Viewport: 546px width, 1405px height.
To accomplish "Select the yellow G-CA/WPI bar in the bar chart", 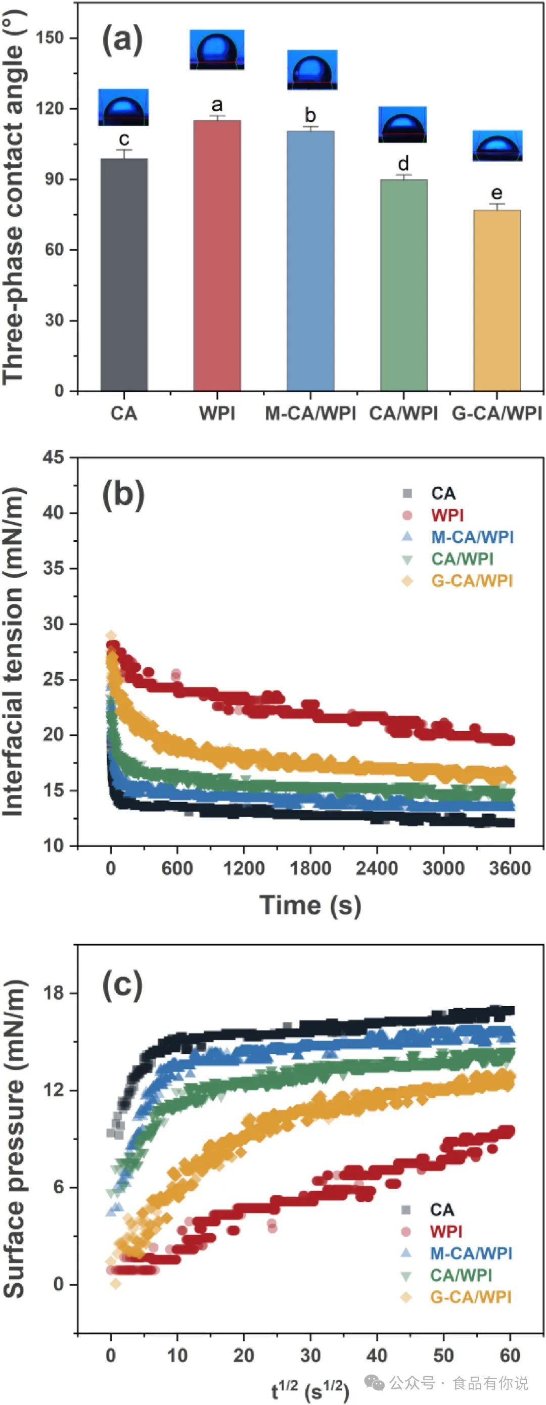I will pyautogui.click(x=496, y=300).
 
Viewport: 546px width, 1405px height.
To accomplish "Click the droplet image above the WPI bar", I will pyautogui.click(x=217, y=50).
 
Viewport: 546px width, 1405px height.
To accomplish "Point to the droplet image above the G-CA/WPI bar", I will pyautogui.click(x=497, y=146).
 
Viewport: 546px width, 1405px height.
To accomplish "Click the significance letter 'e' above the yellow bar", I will pyautogui.click(x=496, y=193).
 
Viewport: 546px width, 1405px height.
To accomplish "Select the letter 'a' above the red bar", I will pyautogui.click(x=217, y=105).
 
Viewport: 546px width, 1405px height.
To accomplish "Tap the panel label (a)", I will pyautogui.click(x=122, y=41).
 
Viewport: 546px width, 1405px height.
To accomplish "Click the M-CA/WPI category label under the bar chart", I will pyautogui.click(x=310, y=413).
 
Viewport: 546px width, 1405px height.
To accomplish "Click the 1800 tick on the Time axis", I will pyautogui.click(x=310, y=868).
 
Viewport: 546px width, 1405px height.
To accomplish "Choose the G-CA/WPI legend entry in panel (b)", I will pyautogui.click(x=472, y=581).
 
